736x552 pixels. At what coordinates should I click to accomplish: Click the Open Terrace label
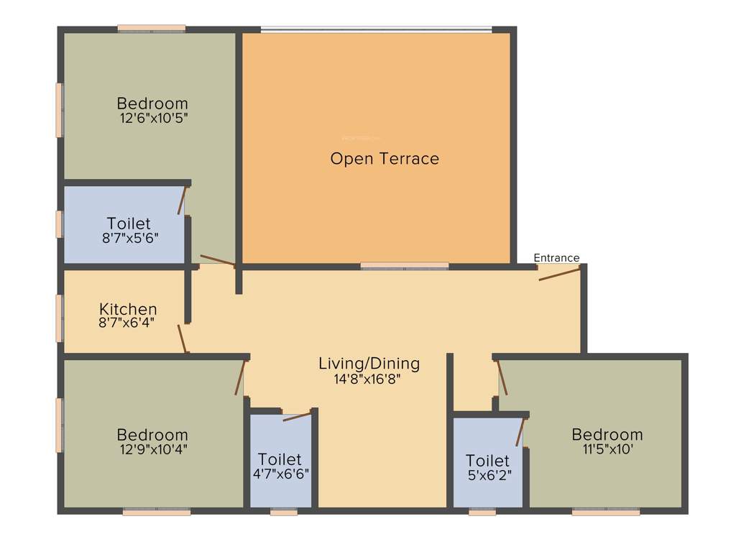pyautogui.click(x=385, y=159)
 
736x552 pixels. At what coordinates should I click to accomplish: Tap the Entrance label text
pyautogui.click(x=556, y=258)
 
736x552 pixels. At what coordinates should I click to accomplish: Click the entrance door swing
pyautogui.click(x=559, y=274)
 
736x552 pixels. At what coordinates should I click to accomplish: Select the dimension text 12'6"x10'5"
pyautogui.click(x=154, y=118)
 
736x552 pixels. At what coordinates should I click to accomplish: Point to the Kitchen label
pyautogui.click(x=128, y=309)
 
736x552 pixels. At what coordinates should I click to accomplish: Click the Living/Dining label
pyautogui.click(x=369, y=364)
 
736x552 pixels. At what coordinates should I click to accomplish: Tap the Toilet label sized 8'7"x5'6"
pyautogui.click(x=129, y=223)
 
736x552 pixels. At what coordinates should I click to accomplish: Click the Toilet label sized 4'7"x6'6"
pyautogui.click(x=280, y=459)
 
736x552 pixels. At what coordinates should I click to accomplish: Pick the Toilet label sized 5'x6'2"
pyautogui.click(x=487, y=460)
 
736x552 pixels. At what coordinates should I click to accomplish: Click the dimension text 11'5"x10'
pyautogui.click(x=607, y=449)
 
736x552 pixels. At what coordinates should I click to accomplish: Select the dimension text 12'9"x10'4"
pyautogui.click(x=152, y=449)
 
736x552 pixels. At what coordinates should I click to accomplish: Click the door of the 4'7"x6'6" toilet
pyautogui.click(x=297, y=415)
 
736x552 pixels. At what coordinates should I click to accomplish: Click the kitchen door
pyautogui.click(x=183, y=338)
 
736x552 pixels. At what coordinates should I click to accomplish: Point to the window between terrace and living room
pyautogui.click(x=405, y=266)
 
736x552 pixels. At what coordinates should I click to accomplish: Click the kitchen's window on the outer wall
pyautogui.click(x=60, y=317)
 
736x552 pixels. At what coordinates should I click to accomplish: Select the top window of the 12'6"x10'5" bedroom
pyautogui.click(x=152, y=29)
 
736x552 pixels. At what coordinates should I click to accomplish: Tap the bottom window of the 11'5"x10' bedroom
pyautogui.click(x=606, y=512)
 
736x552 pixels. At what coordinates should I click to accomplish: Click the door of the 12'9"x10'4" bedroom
pyautogui.click(x=241, y=377)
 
